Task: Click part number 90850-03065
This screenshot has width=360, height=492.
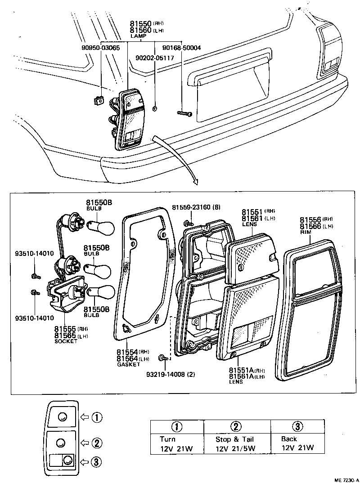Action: (100, 48)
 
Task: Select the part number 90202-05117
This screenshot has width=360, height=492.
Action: (155, 58)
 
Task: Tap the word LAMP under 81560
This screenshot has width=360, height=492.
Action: (136, 35)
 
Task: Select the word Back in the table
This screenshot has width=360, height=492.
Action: (289, 439)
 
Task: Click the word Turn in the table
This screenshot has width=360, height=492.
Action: (167, 439)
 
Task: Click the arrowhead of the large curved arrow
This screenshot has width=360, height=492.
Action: (194, 182)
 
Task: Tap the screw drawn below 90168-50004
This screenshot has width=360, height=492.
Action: (184, 114)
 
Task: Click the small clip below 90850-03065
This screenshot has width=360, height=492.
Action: (99, 101)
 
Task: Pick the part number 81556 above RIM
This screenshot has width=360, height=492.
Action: (310, 219)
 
